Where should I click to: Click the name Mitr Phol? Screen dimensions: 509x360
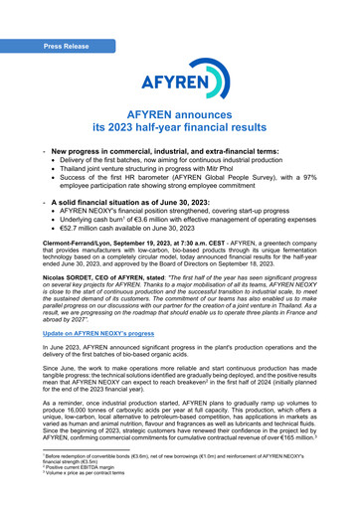[x=237, y=168]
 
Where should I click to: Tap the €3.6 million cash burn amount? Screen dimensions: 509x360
[x=157, y=221]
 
